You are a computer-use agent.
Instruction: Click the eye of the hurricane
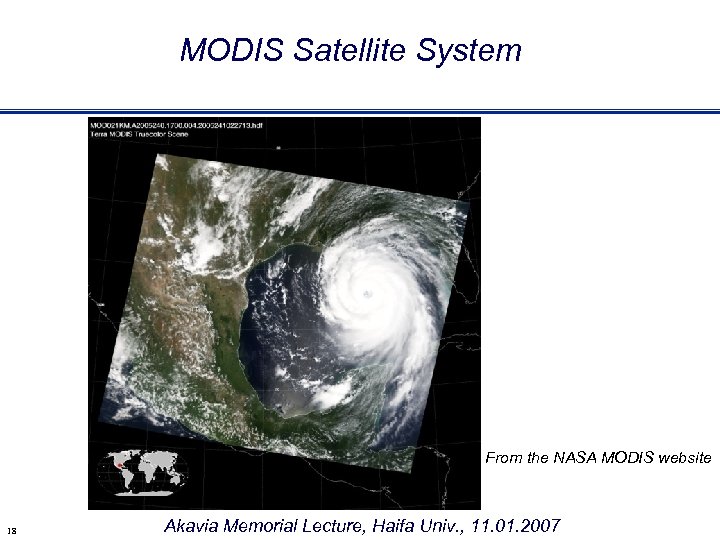point(367,293)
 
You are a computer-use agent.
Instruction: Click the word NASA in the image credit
point(578,458)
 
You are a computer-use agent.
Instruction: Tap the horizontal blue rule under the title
point(360,111)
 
